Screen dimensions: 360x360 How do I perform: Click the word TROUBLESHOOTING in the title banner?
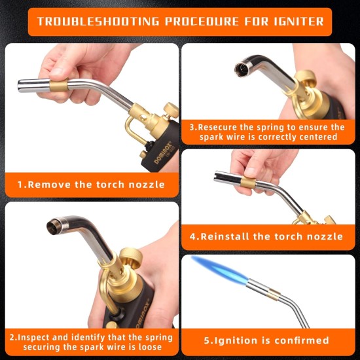tap(98, 22)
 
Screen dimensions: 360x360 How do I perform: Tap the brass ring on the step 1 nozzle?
tap(59, 85)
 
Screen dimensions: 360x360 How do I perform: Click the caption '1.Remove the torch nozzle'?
tap(92, 185)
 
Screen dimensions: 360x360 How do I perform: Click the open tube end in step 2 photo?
tap(54, 226)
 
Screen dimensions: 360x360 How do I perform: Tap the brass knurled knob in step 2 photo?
tap(131, 258)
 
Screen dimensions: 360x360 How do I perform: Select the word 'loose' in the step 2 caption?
tap(150, 347)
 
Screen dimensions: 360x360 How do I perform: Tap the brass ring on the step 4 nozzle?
tap(248, 183)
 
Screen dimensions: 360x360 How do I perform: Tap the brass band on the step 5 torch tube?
tap(274, 295)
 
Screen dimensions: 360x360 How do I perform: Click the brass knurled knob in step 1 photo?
tap(171, 111)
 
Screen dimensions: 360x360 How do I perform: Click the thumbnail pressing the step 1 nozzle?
tap(55, 71)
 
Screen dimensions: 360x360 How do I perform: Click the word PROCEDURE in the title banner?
tap(202, 22)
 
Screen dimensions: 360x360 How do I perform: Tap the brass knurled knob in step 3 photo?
tap(306, 79)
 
